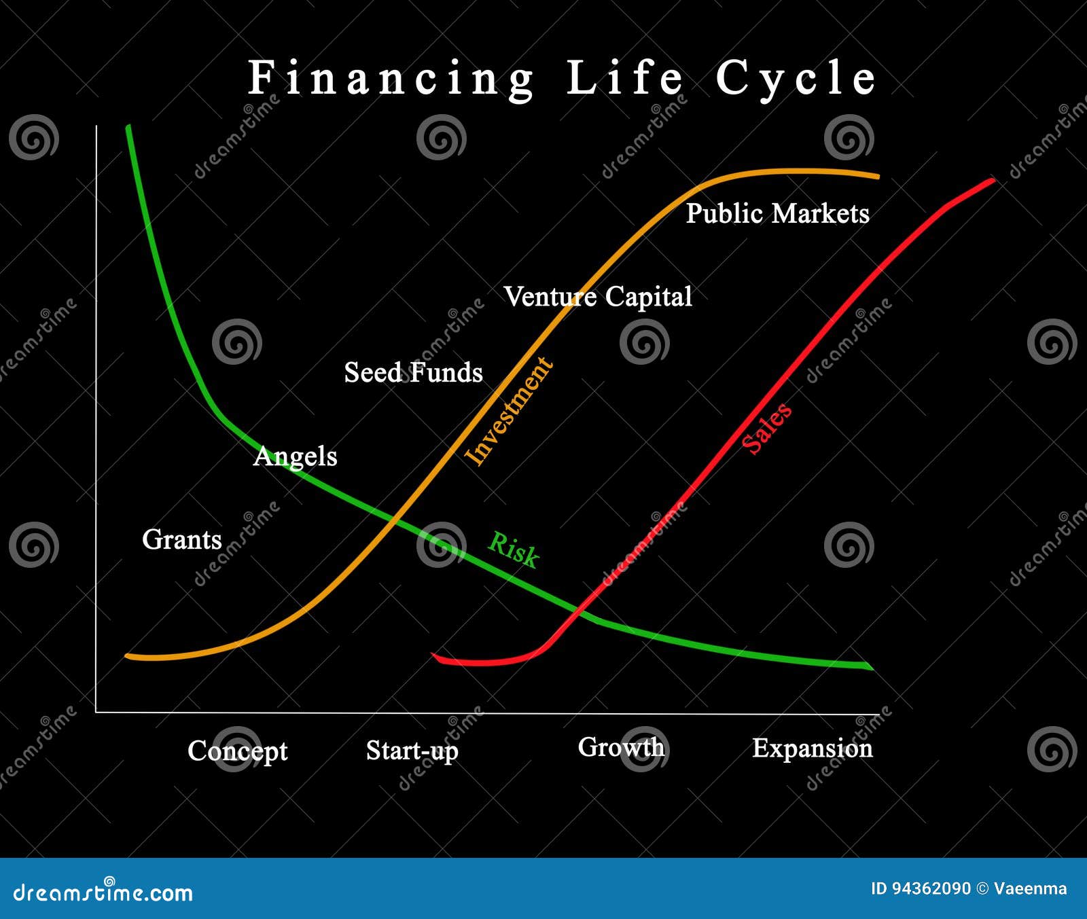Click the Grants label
click(182, 539)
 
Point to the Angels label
click(295, 456)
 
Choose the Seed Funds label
click(413, 372)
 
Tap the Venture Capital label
click(598, 296)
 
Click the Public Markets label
click(777, 213)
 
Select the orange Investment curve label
click(508, 410)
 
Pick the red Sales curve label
click(766, 427)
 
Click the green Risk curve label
click(514, 549)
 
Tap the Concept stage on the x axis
click(237, 751)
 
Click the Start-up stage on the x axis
click(412, 751)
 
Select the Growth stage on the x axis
click(621, 747)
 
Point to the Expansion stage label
click(812, 748)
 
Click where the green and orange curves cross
click(394, 521)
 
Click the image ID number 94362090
click(930, 888)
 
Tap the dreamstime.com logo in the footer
click(103, 892)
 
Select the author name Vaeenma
click(1030, 888)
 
